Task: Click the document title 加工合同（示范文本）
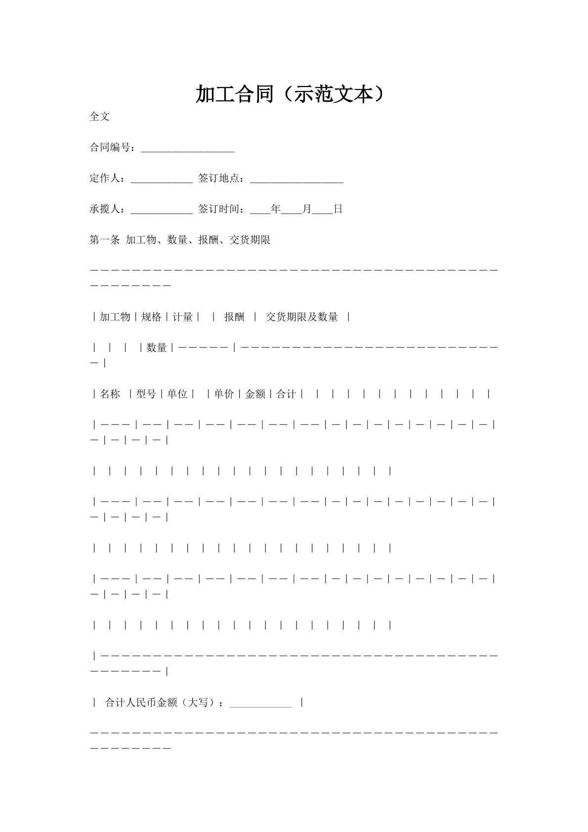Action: point(290,94)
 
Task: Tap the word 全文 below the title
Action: point(99,117)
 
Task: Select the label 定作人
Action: point(105,178)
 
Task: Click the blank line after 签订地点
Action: point(296,179)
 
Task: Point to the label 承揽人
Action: point(105,209)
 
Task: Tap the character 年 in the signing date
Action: point(276,209)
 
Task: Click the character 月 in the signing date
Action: point(307,209)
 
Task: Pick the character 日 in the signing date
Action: point(338,209)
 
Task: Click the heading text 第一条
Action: point(105,240)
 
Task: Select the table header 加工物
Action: point(115,317)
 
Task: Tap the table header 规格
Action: point(151,317)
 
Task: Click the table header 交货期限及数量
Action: point(302,317)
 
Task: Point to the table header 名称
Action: point(110,394)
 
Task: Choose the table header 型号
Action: point(146,394)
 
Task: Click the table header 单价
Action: point(224,394)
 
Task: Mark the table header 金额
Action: point(255,394)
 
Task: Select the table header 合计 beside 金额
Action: point(286,394)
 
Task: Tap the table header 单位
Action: point(177,394)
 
